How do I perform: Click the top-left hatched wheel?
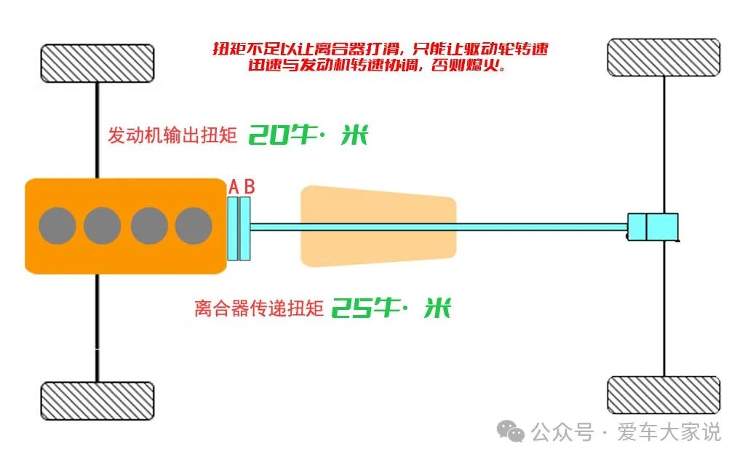97,63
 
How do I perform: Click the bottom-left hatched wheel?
97,401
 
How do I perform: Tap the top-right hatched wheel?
664,57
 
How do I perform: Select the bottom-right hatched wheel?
664,395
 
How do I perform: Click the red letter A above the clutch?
234,187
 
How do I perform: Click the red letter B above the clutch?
249,187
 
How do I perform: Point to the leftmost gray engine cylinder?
57,226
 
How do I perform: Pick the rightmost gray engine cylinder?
194,226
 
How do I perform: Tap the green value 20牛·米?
308,135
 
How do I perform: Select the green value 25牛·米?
391,308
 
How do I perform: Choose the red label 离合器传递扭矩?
258,309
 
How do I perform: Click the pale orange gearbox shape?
378,226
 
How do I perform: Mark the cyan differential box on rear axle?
653,226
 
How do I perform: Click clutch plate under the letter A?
233,228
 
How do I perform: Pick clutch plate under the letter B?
245,228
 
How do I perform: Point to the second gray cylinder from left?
102,226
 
